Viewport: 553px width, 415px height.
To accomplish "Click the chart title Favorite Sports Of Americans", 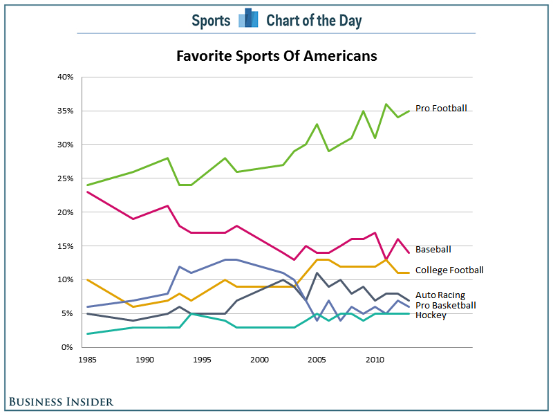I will pyautogui.click(x=276, y=55).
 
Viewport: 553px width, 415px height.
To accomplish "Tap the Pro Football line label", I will pyautogui.click(x=441, y=108).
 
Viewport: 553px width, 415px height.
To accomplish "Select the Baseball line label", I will pyautogui.click(x=433, y=249).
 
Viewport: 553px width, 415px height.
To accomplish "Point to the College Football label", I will pyautogui.click(x=449, y=270).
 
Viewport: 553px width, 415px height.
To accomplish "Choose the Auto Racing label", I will pyautogui.click(x=440, y=295).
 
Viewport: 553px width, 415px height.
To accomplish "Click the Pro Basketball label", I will pyautogui.click(x=445, y=305).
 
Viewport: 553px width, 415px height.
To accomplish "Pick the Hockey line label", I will pyautogui.click(x=430, y=315).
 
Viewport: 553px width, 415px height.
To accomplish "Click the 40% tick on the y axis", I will pyautogui.click(x=65, y=77).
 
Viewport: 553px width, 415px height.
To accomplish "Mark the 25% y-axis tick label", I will pyautogui.click(x=65, y=178).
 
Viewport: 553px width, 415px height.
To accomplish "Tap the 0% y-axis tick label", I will pyautogui.click(x=67, y=347).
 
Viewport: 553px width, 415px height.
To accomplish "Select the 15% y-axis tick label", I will pyautogui.click(x=65, y=246).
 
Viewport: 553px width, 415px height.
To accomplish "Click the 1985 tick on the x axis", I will pyautogui.click(x=87, y=360).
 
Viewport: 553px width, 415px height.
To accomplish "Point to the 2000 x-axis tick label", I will pyautogui.click(x=260, y=360).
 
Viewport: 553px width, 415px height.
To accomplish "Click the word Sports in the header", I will pyautogui.click(x=211, y=20).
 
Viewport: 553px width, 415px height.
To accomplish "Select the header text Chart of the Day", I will pyautogui.click(x=314, y=20).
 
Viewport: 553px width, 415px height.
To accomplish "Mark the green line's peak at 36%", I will pyautogui.click(x=386, y=104).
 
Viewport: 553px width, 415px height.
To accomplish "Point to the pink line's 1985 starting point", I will pyautogui.click(x=87, y=192).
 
